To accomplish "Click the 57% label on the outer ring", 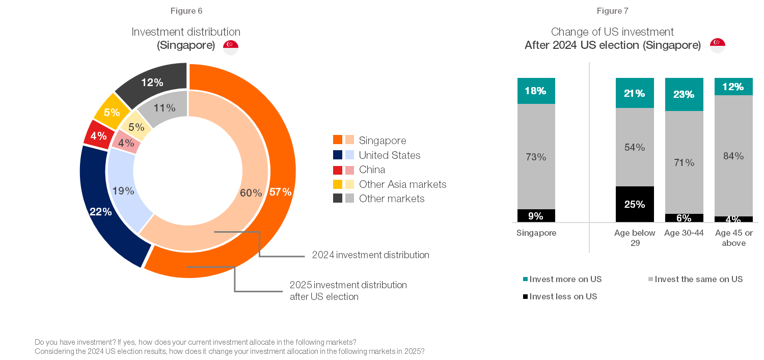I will coord(281,192).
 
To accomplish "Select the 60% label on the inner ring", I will coord(251,193).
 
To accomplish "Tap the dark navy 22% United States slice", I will coord(100,211).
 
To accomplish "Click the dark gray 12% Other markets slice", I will coord(152,82).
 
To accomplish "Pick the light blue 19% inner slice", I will coord(124,191).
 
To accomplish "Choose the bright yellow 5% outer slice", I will coord(112,113).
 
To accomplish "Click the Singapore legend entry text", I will coord(383,141).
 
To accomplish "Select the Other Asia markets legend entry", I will coord(402,184).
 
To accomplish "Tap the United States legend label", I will coord(390,155).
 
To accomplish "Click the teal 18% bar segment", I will coord(536,91).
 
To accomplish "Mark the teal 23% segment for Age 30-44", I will coord(684,94).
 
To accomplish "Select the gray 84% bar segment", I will coord(733,156).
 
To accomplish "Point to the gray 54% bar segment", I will coord(635,147).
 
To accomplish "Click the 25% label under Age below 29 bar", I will coord(635,205).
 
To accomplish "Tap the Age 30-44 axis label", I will coord(684,233).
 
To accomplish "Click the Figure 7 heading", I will coord(613,11).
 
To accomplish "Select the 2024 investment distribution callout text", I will coord(370,255).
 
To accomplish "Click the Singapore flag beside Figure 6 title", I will coord(231,47).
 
